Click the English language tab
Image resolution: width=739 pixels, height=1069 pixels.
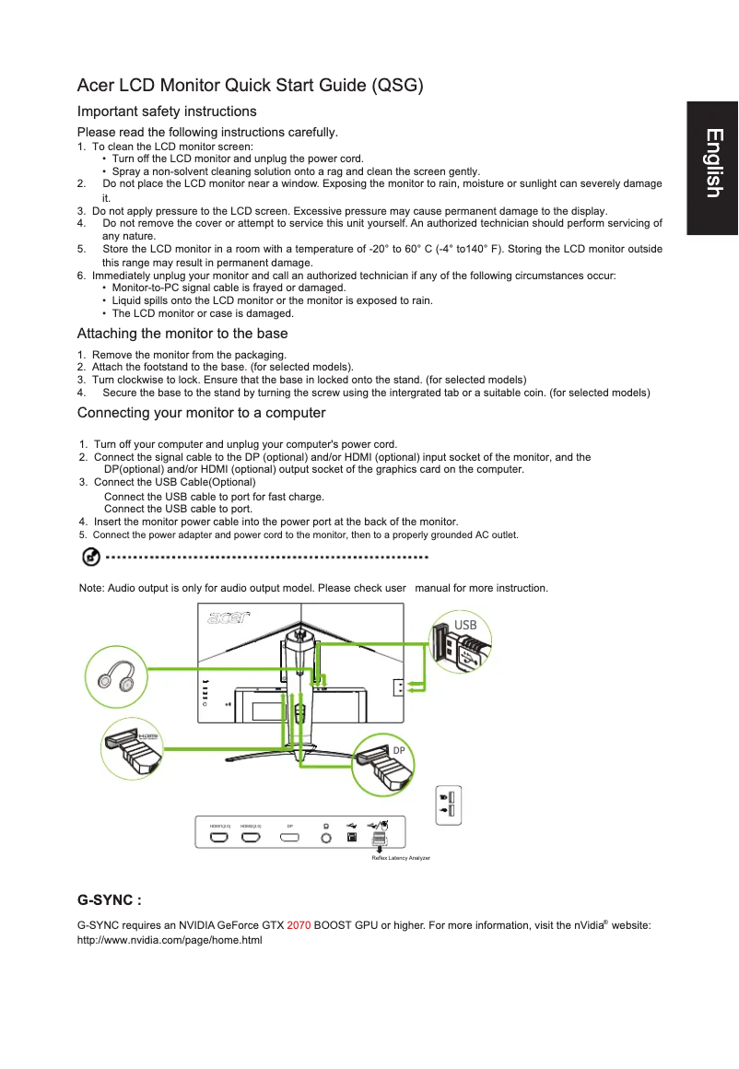pos(711,163)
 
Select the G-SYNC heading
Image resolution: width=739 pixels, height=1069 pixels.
pos(109,899)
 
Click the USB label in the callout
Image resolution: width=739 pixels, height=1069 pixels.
pos(465,625)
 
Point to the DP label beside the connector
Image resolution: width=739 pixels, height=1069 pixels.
pos(399,751)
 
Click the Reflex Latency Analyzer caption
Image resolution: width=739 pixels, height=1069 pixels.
pos(400,858)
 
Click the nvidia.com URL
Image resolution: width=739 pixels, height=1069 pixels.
pos(170,940)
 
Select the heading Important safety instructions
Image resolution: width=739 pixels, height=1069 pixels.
pos(167,112)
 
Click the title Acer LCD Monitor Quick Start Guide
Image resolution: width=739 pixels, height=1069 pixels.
pos(250,87)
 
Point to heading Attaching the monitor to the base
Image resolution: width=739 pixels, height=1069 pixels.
pos(182,334)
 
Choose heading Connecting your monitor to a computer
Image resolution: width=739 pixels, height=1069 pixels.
pos(201,412)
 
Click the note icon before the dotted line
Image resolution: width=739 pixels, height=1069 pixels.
pos(91,557)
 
